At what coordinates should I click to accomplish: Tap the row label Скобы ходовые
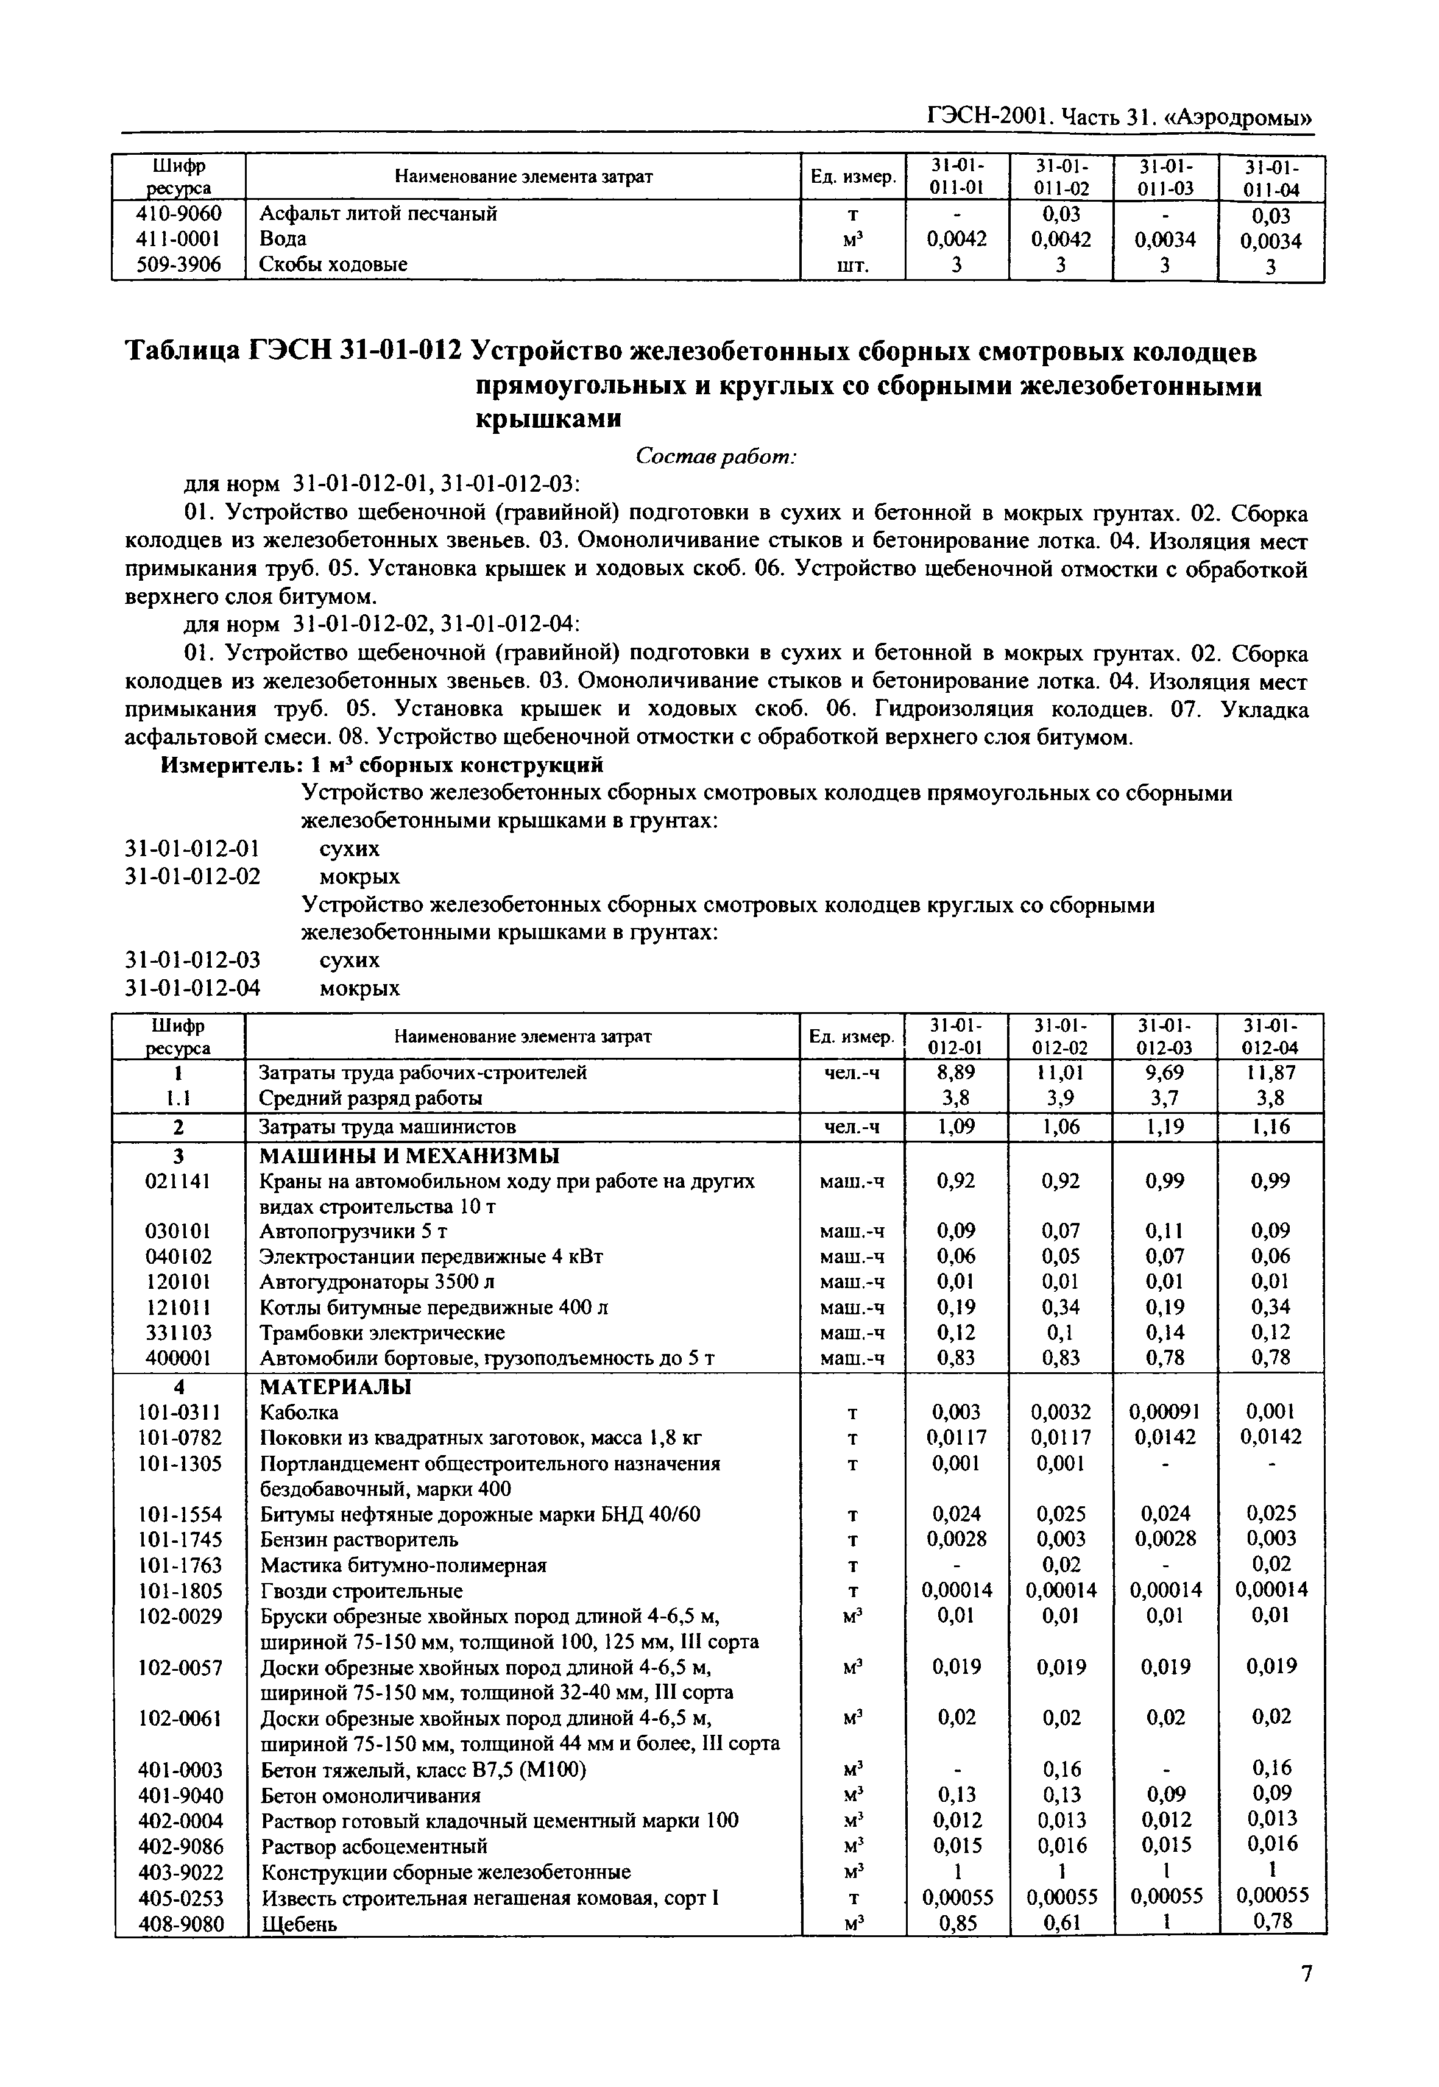point(333,264)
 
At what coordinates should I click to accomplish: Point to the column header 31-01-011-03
point(1165,177)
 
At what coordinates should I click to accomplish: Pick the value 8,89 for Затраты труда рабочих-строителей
point(956,1072)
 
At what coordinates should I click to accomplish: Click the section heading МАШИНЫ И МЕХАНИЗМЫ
point(409,1157)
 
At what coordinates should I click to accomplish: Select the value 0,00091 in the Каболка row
point(1165,1412)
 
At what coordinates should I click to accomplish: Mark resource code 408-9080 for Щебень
point(180,1924)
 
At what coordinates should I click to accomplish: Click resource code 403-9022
point(180,1873)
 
